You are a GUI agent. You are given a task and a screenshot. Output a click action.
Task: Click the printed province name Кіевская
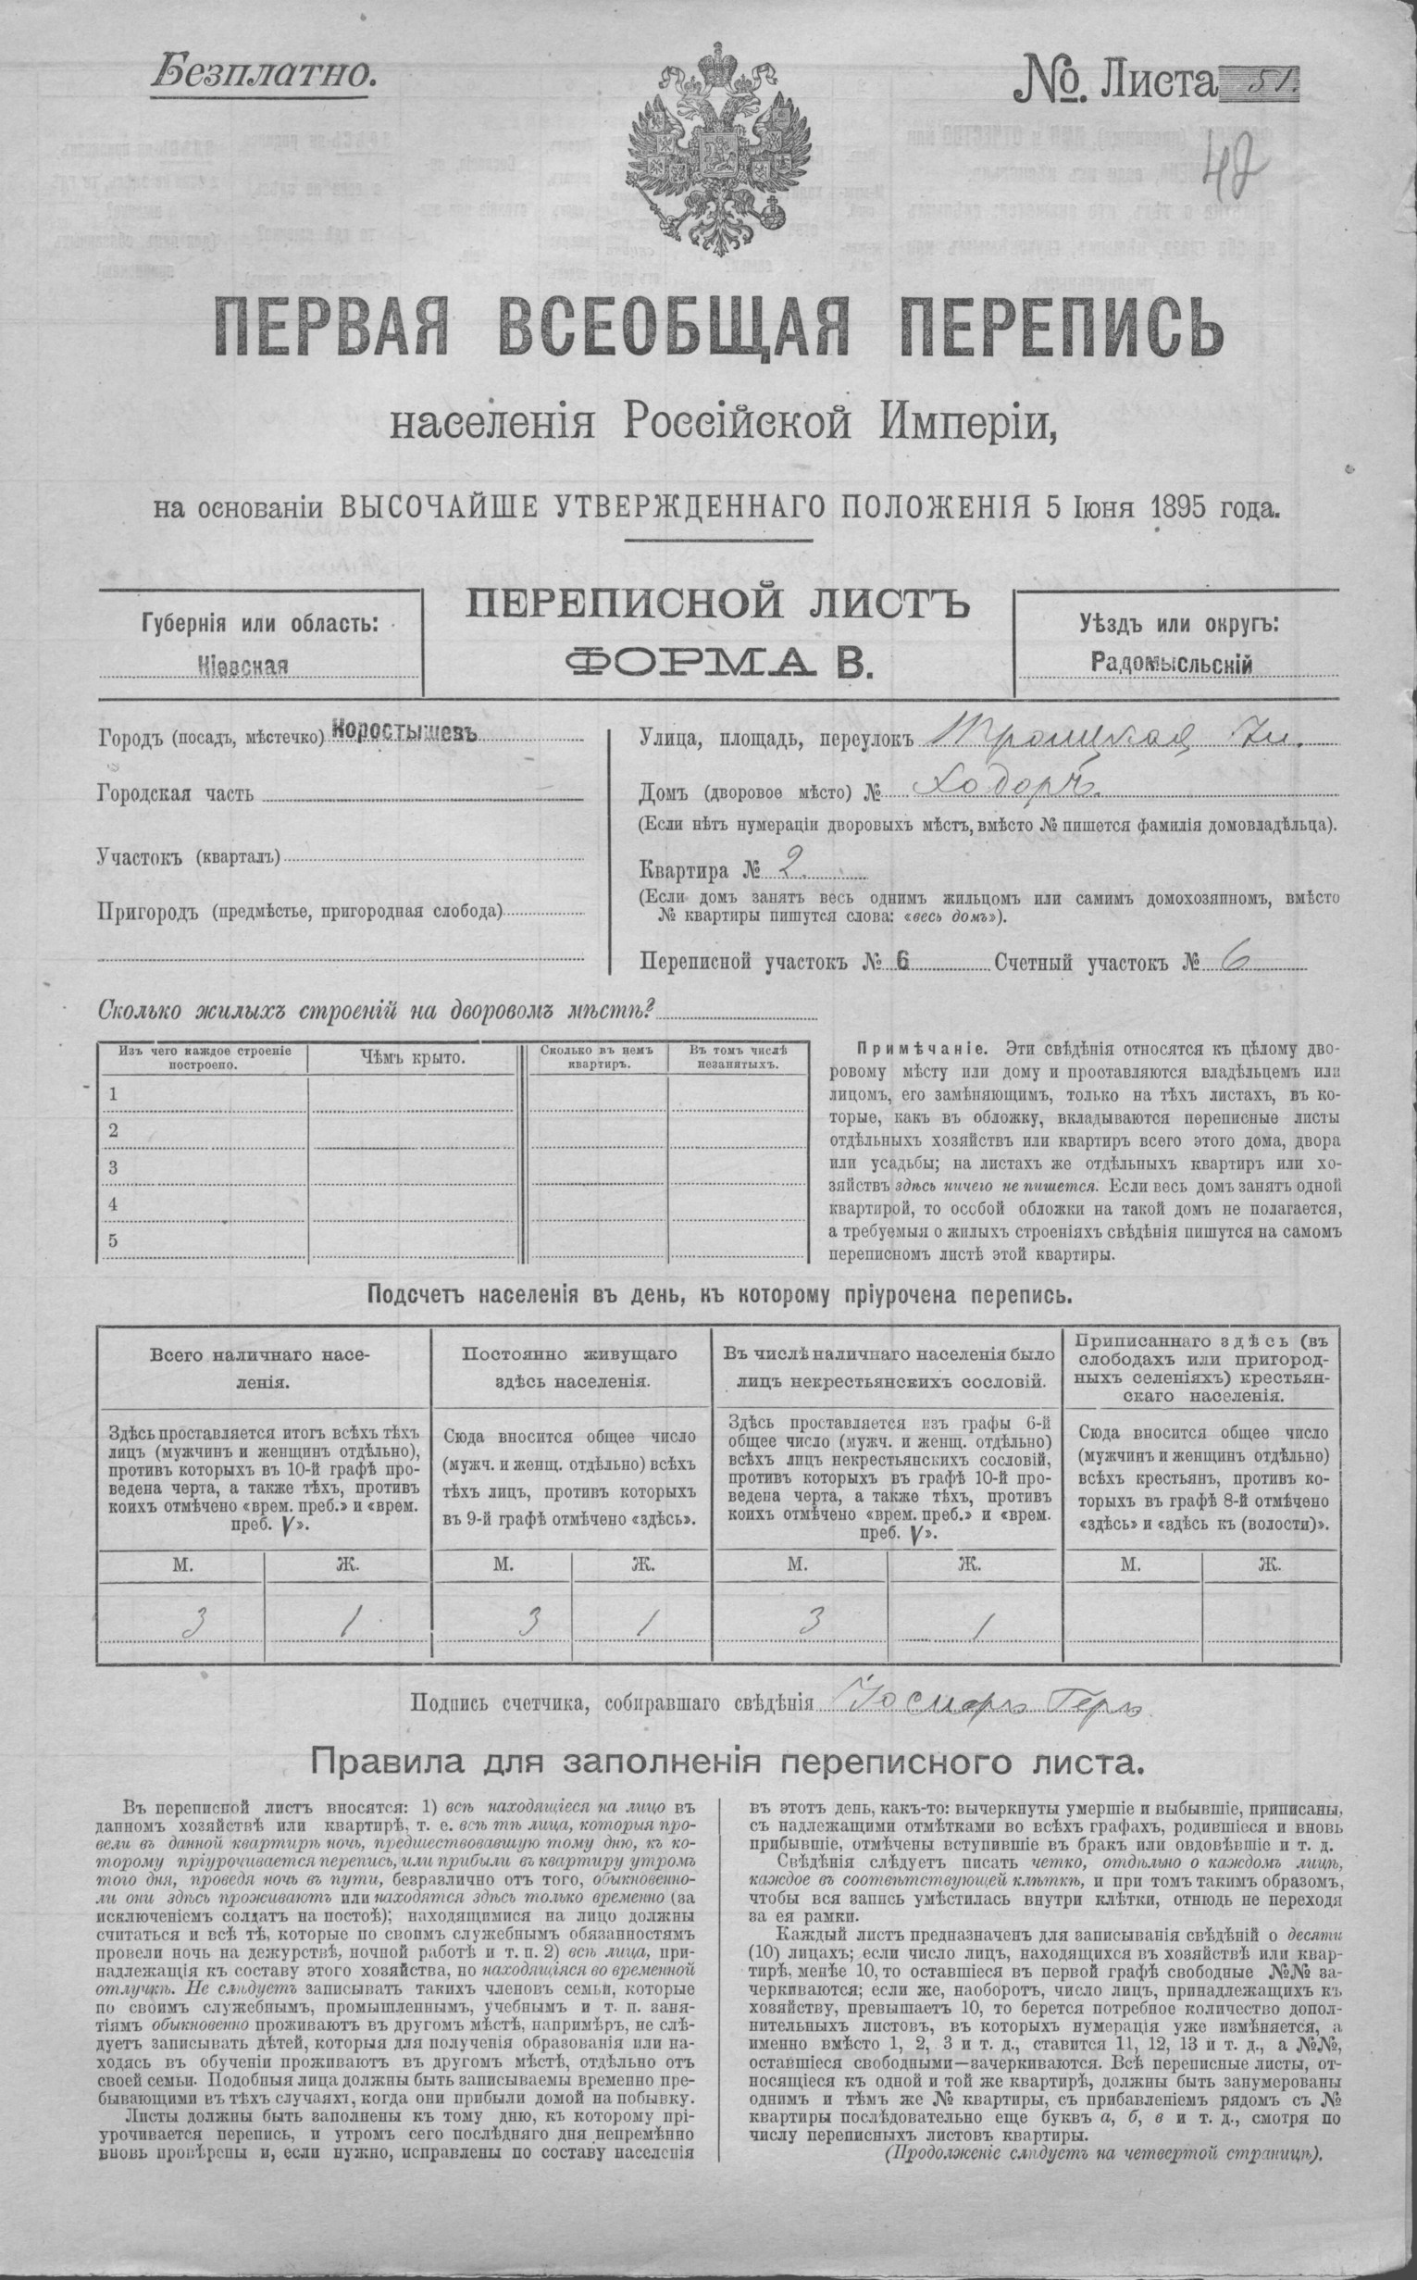pyautogui.click(x=242, y=666)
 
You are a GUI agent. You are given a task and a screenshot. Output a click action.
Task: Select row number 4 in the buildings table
pyautogui.click(x=114, y=1204)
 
